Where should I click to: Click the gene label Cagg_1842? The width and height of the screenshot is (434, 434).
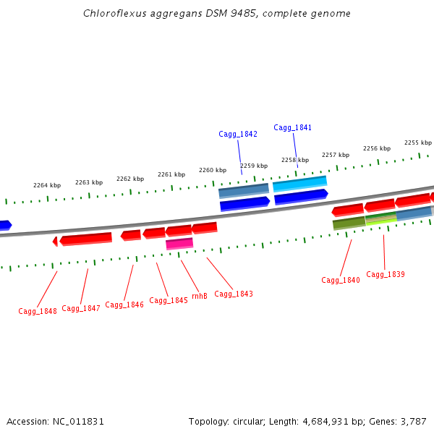click(238, 134)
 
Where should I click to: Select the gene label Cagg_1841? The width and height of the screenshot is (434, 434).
click(293, 127)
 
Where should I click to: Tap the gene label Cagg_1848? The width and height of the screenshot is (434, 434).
click(38, 311)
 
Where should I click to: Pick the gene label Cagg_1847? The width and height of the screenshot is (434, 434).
click(81, 308)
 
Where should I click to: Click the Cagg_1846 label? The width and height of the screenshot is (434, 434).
click(124, 305)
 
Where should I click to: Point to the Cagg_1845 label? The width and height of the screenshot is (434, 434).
click(169, 300)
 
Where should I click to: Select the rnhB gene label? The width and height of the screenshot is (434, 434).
click(199, 296)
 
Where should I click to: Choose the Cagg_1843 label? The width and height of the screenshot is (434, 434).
click(234, 294)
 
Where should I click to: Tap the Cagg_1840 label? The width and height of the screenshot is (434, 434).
click(341, 280)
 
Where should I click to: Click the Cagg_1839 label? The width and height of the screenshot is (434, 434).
click(386, 274)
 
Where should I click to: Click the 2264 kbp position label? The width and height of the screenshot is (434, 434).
click(47, 185)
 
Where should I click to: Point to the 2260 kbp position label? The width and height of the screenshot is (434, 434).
click(213, 170)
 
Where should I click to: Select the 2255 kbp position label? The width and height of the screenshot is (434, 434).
click(418, 142)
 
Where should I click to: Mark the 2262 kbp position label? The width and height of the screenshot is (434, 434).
click(130, 178)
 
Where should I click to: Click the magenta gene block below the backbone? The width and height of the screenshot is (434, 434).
click(179, 244)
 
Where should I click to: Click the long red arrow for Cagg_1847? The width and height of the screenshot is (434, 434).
click(85, 238)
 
